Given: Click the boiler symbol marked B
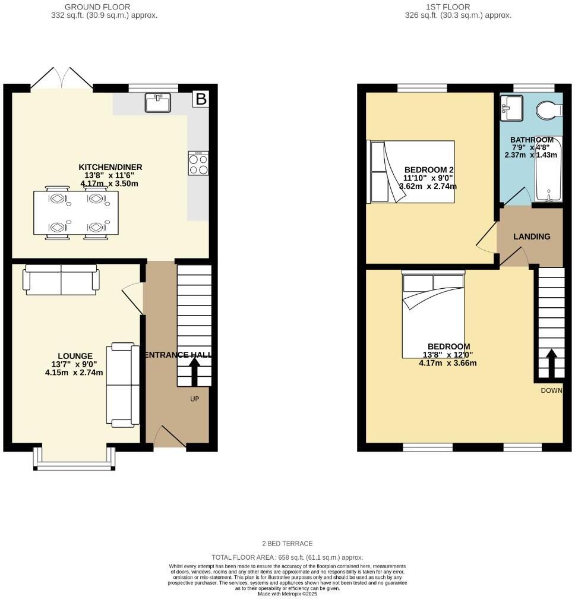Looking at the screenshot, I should pos(201,99).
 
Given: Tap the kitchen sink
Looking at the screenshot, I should pos(157,102).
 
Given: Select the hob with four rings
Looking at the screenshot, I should pos(198,163).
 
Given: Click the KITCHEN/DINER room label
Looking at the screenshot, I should pos(111,167).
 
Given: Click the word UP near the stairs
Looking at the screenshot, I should pos(194,399).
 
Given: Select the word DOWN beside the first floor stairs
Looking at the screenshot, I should pos(551,390).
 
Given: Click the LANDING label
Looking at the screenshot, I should pos(532,237).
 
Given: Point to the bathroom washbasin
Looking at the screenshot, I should pos(511,107).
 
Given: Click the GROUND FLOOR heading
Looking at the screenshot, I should pos(104,7).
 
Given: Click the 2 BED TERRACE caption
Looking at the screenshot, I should pos(287,544).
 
